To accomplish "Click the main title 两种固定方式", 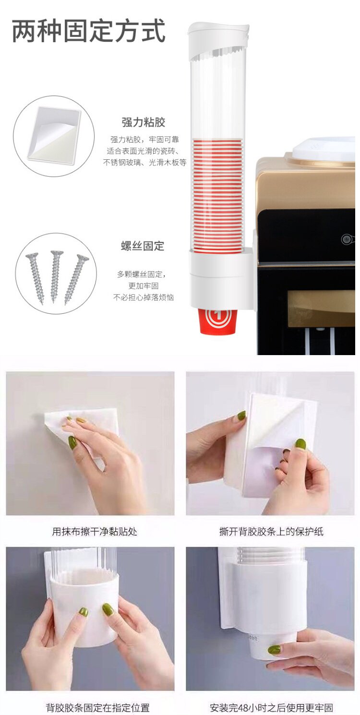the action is pyautogui.click(x=88, y=31).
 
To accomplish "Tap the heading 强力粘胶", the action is pyautogui.click(x=144, y=122).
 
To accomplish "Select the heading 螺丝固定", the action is pyautogui.click(x=143, y=246).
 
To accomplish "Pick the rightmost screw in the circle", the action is pyautogui.click(x=76, y=279).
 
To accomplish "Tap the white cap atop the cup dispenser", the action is pyautogui.click(x=218, y=40).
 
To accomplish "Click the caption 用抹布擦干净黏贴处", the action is pyautogui.click(x=95, y=532).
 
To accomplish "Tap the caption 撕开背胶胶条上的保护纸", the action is pyautogui.click(x=271, y=532).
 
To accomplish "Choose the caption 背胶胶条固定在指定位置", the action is pyautogui.click(x=97, y=708).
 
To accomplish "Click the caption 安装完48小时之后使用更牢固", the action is pyautogui.click(x=271, y=708).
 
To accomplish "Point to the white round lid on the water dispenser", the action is pyautogui.click(x=323, y=148).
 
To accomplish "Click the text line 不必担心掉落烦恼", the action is pyautogui.click(x=144, y=298).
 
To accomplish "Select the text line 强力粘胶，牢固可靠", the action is pyautogui.click(x=144, y=140).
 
